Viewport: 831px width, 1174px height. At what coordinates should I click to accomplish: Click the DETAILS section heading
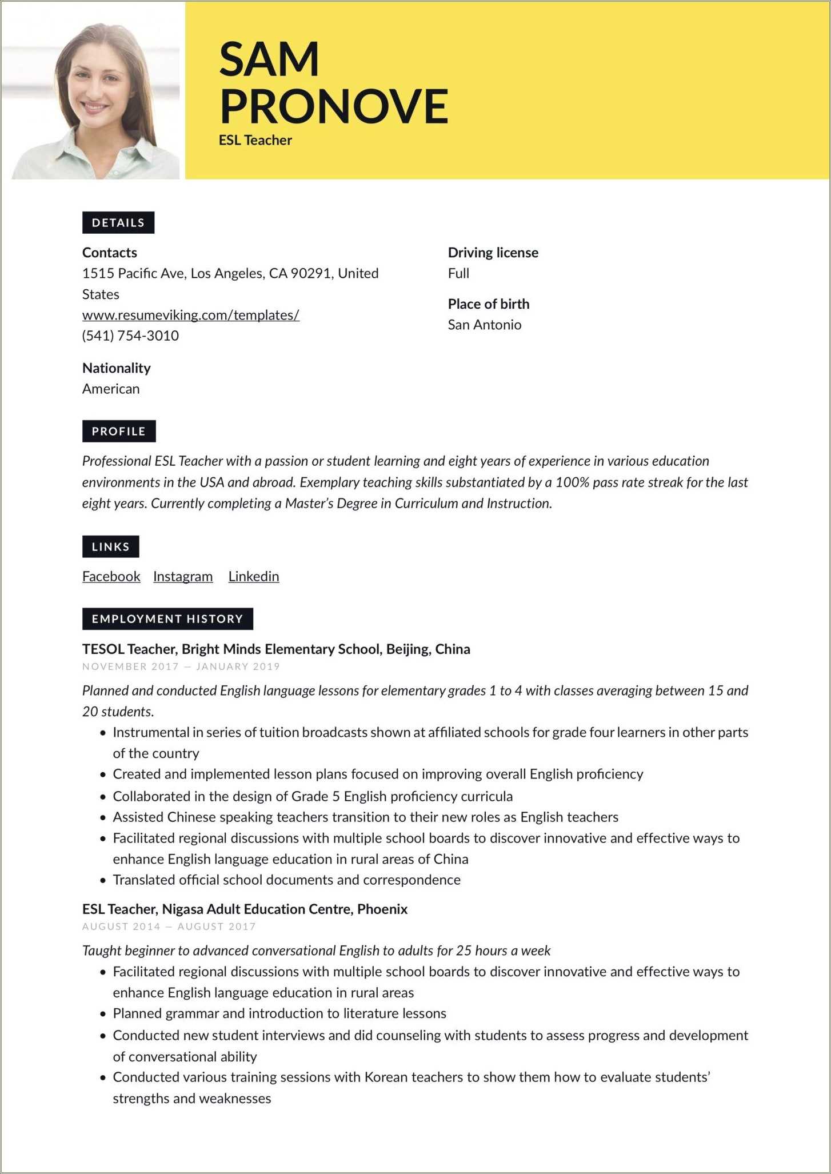click(x=118, y=223)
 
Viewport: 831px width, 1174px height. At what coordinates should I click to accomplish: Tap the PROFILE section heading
click(x=119, y=432)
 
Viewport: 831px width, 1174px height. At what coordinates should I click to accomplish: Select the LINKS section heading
click(x=111, y=547)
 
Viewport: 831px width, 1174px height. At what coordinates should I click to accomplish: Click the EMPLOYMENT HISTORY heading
click(x=167, y=619)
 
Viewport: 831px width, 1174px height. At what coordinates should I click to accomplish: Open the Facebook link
click(x=111, y=576)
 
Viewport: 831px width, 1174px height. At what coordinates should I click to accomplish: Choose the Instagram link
click(x=183, y=576)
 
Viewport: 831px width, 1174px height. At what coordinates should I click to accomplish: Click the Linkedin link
click(x=254, y=576)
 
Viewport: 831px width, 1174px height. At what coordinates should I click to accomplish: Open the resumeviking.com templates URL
click(x=191, y=315)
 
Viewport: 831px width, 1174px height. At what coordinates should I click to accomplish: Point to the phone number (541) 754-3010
click(x=130, y=336)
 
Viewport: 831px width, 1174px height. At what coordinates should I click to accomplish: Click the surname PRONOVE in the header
click(x=334, y=106)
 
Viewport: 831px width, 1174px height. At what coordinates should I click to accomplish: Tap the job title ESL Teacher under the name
click(x=255, y=140)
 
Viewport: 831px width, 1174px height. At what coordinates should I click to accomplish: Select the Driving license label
click(x=493, y=253)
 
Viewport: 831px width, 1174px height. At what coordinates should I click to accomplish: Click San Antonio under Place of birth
click(x=485, y=325)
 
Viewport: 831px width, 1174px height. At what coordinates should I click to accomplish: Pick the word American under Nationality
click(x=111, y=389)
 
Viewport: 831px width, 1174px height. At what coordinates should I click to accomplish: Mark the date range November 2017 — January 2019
click(x=181, y=666)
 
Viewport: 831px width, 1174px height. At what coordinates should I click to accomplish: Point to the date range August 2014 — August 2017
click(x=169, y=927)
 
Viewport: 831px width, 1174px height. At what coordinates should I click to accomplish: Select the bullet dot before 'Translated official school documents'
click(x=103, y=880)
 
